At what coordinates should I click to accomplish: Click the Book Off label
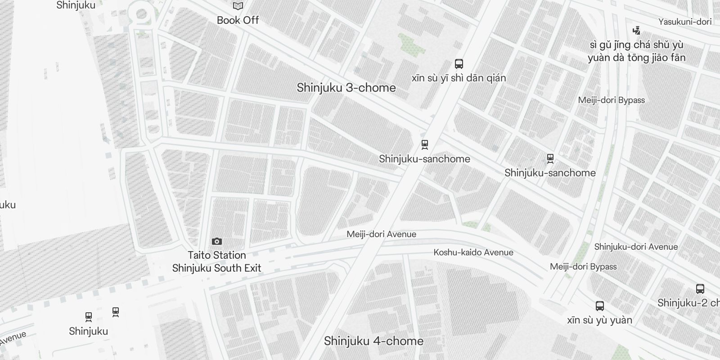tap(238, 20)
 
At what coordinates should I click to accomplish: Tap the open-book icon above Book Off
tap(238, 6)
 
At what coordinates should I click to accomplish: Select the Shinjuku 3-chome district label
tap(346, 88)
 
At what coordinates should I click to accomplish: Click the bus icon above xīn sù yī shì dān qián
tap(459, 64)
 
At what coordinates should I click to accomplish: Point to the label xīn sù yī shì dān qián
tap(459, 78)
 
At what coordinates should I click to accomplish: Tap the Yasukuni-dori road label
tap(684, 22)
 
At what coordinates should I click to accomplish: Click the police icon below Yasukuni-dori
tap(636, 31)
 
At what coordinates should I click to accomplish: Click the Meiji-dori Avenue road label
tap(381, 234)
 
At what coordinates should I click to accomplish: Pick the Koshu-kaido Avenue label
tap(473, 252)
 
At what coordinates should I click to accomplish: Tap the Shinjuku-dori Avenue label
tap(635, 247)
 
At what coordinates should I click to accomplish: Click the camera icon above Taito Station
tap(216, 242)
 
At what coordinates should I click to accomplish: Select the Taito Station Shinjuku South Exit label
tap(216, 261)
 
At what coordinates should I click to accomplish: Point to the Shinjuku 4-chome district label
tap(373, 341)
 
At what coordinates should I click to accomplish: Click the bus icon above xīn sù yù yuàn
tap(599, 306)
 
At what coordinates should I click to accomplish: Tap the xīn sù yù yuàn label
tap(599, 320)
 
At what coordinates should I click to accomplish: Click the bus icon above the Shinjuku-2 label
tap(700, 289)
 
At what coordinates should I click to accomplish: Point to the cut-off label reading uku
tap(8, 205)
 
